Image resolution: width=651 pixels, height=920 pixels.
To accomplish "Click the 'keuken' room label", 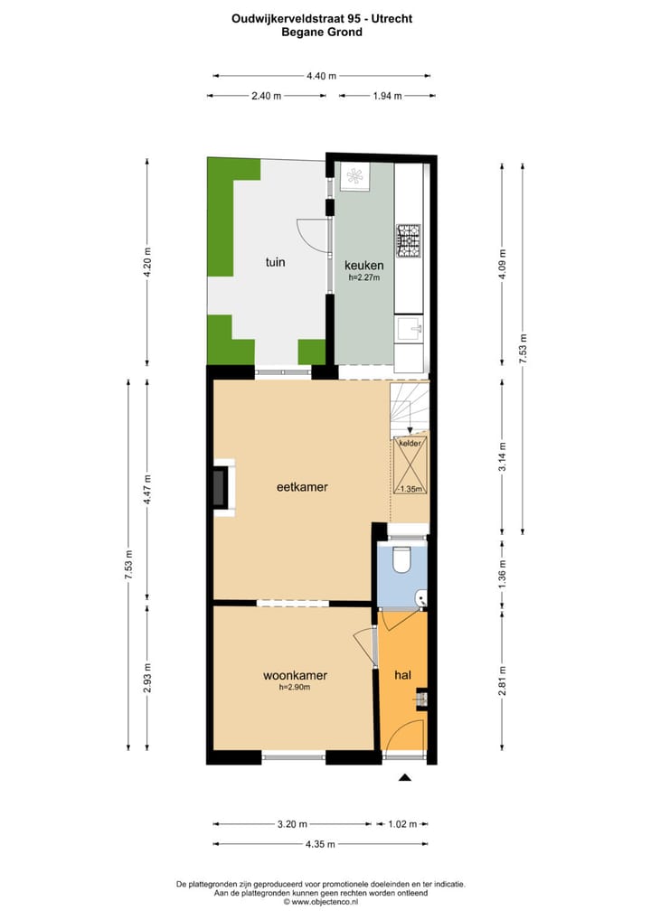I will click(x=364, y=266).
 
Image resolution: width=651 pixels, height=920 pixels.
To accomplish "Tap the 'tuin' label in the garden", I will click(x=275, y=263).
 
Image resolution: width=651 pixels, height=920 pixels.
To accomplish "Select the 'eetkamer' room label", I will click(x=301, y=487).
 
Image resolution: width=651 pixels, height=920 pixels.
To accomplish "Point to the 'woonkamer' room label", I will click(x=295, y=675).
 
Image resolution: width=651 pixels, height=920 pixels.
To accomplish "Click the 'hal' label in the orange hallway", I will click(x=402, y=675).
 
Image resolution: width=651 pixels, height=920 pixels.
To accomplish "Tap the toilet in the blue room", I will click(x=404, y=559).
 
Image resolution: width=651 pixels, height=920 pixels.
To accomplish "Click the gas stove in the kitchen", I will click(x=410, y=239).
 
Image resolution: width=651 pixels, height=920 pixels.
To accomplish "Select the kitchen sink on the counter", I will click(x=410, y=327).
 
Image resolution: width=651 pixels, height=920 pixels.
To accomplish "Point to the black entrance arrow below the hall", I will click(x=404, y=776).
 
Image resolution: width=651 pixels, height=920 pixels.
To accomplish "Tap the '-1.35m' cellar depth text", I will click(x=409, y=489).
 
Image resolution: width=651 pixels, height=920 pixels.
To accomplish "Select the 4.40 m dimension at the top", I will click(x=321, y=76).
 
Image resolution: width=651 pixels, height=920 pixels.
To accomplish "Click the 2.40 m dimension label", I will click(x=265, y=95).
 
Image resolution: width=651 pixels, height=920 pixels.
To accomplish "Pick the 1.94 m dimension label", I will click(x=386, y=95).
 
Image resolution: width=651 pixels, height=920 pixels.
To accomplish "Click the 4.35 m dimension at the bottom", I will click(x=320, y=844).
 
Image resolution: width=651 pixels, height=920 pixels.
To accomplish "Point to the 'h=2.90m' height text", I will click(x=295, y=688).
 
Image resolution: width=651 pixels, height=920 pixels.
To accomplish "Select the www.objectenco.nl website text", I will click(x=325, y=902).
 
